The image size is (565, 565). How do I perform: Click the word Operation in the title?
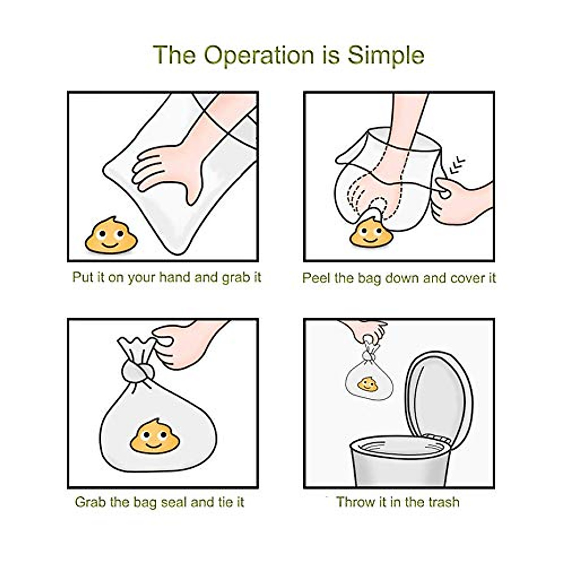coord(258,56)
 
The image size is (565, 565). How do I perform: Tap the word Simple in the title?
coord(386,56)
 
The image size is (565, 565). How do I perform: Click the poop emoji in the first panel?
coord(111,235)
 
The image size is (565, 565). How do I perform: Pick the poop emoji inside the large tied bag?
coord(155,436)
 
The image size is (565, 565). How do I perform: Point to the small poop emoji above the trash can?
coord(367,384)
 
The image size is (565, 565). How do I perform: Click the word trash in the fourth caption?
coord(444,502)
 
